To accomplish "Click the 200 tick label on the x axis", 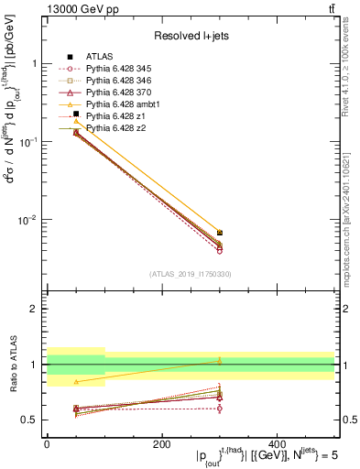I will pyautogui.click(x=161, y=444).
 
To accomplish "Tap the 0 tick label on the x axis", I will pyautogui.click(x=47, y=444).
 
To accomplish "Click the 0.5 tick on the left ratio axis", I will pyautogui.click(x=29, y=420).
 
